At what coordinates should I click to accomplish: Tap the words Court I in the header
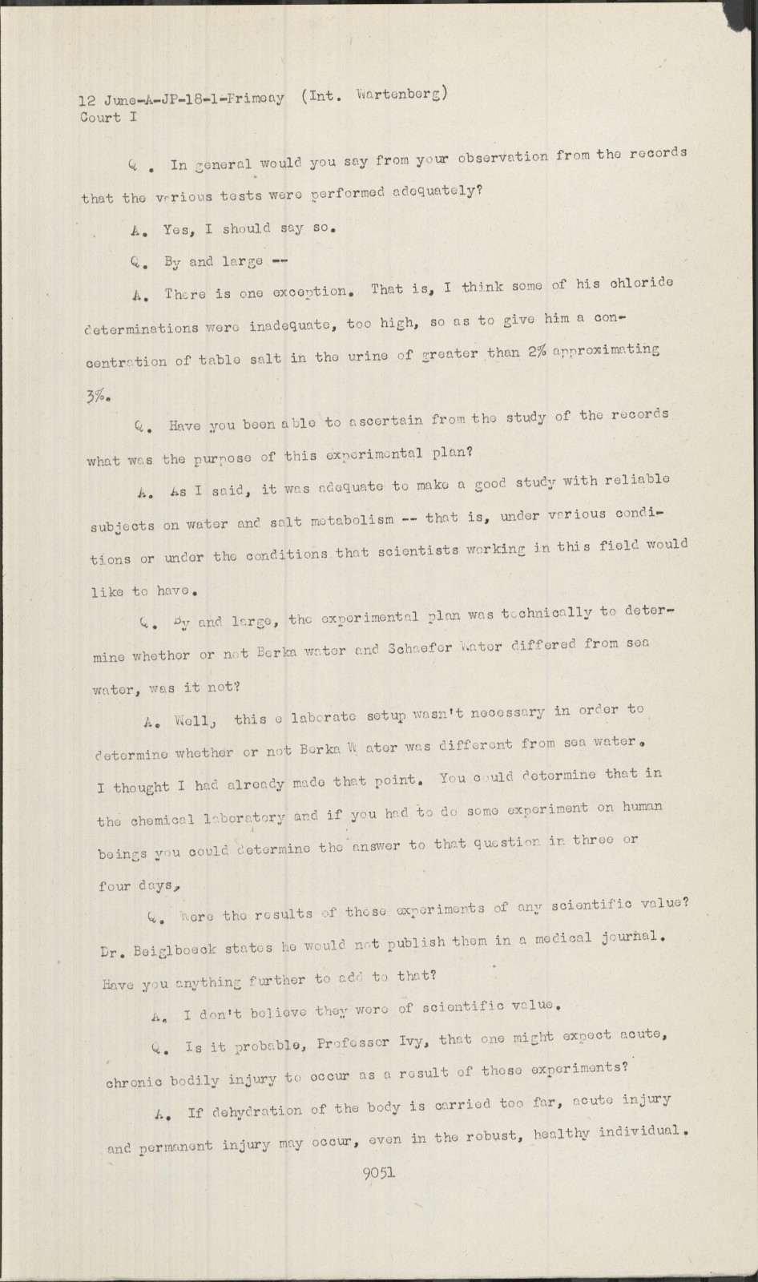[x=101, y=118]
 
